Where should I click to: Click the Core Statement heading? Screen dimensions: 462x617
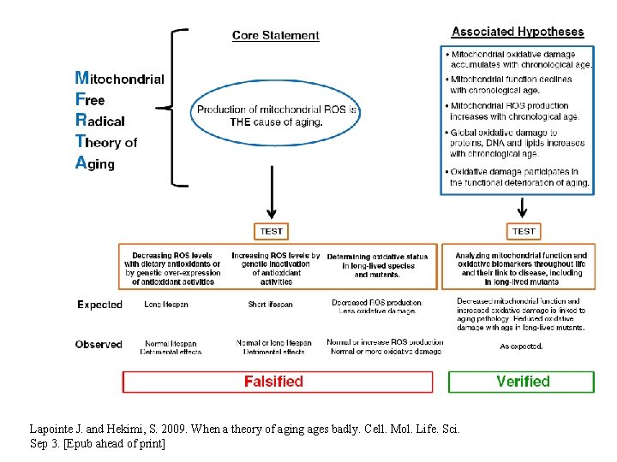275,36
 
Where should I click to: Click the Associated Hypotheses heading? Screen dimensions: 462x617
518,33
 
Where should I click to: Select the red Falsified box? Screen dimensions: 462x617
278,382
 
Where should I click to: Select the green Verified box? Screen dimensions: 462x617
521,382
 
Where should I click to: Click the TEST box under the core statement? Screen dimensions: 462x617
272,231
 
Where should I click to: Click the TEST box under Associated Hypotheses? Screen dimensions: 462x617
523,231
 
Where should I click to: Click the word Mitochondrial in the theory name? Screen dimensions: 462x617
120,79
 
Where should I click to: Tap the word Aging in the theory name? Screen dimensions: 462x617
95,163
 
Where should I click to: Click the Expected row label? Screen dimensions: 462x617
99,305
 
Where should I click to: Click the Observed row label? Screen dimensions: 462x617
99,345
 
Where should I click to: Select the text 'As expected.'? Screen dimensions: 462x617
521,346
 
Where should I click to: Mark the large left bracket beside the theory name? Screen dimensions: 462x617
177,107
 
